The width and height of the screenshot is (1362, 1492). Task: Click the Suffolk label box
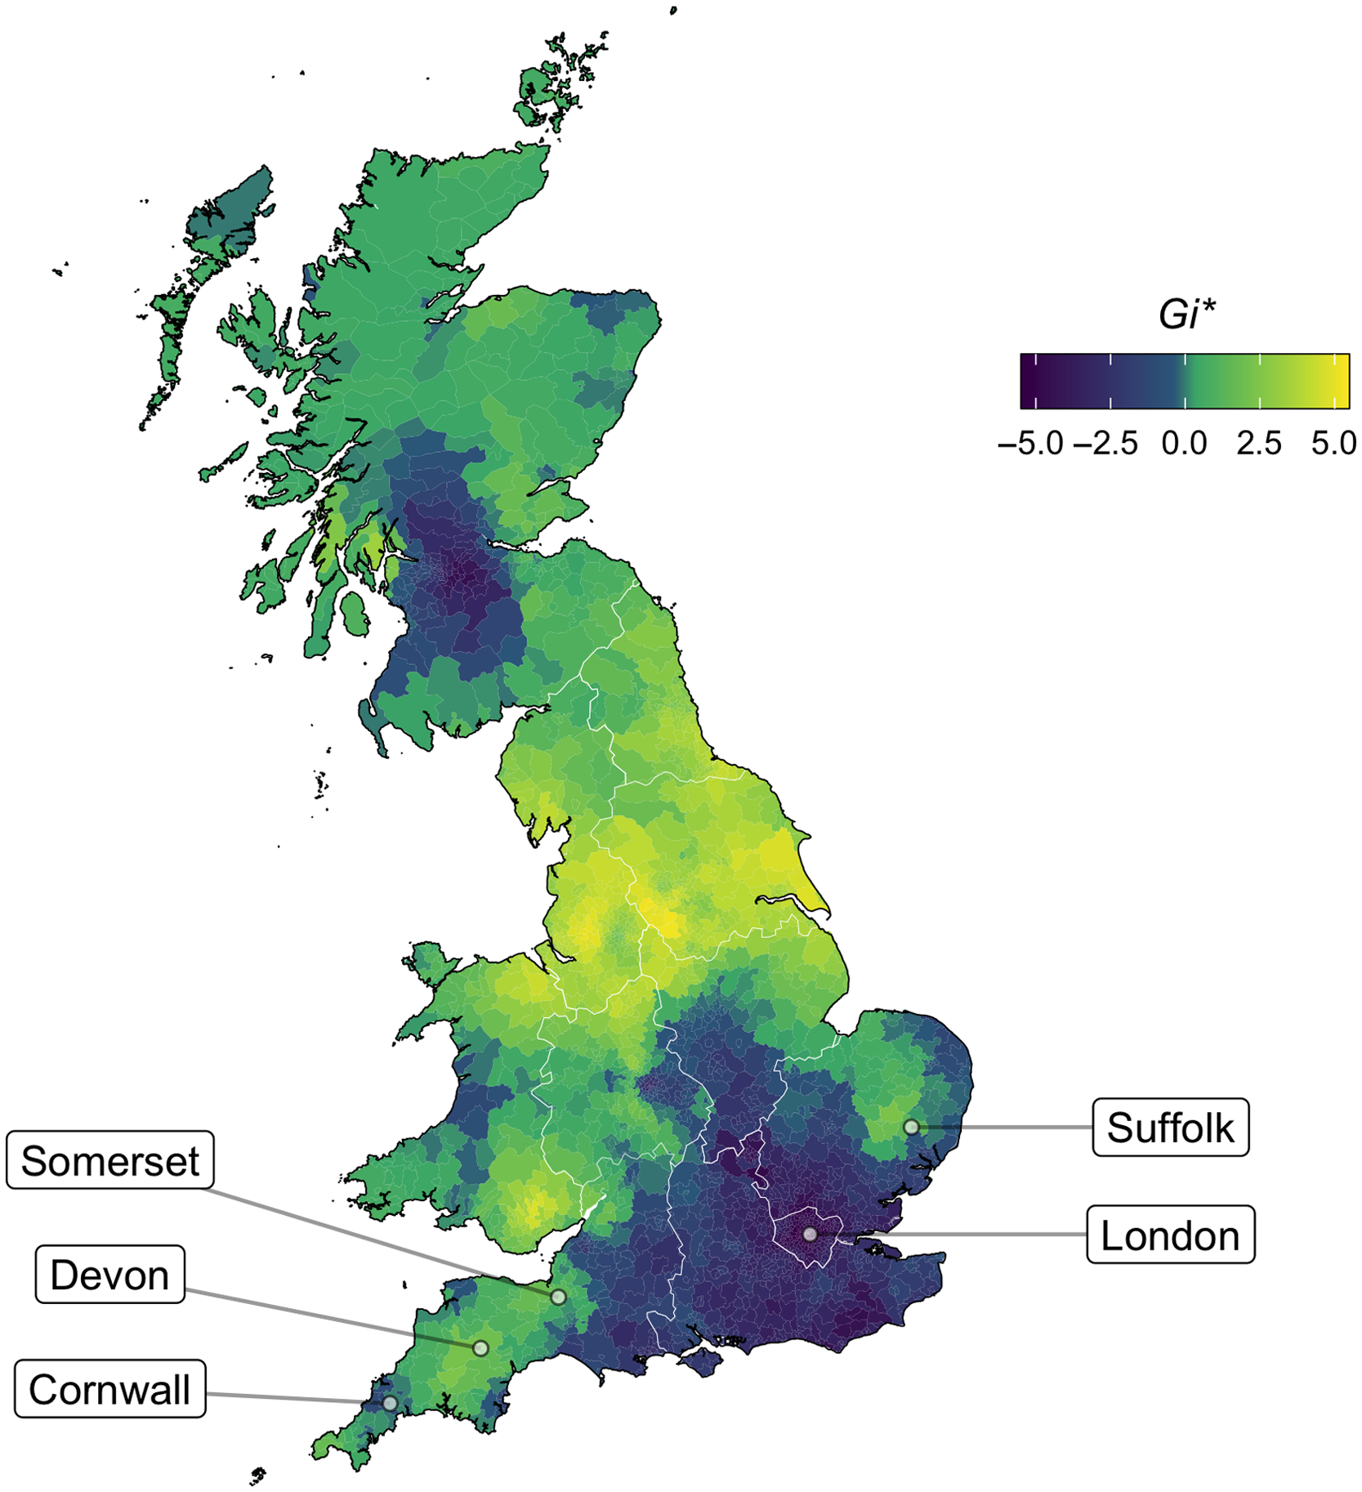click(1170, 1127)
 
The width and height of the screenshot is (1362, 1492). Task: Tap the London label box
click(1170, 1235)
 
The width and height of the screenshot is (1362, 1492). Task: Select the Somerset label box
click(109, 1160)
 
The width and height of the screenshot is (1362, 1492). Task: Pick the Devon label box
click(109, 1274)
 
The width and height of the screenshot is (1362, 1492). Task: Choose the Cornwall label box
click(109, 1388)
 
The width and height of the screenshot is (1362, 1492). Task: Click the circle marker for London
click(809, 1234)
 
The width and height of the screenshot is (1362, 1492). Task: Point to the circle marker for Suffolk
click(911, 1127)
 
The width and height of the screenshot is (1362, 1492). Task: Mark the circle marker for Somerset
click(558, 1297)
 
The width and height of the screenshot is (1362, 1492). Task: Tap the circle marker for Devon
click(481, 1347)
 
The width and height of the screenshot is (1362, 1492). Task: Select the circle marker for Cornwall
click(391, 1403)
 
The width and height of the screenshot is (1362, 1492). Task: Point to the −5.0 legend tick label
click(1031, 444)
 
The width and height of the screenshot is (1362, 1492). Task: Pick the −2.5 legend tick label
click(1106, 444)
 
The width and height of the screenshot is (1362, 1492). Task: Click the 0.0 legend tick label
click(1184, 444)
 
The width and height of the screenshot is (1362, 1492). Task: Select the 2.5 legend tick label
click(1259, 444)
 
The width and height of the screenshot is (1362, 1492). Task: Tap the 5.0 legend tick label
click(1333, 444)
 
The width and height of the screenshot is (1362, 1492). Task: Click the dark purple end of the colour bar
click(1028, 381)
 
